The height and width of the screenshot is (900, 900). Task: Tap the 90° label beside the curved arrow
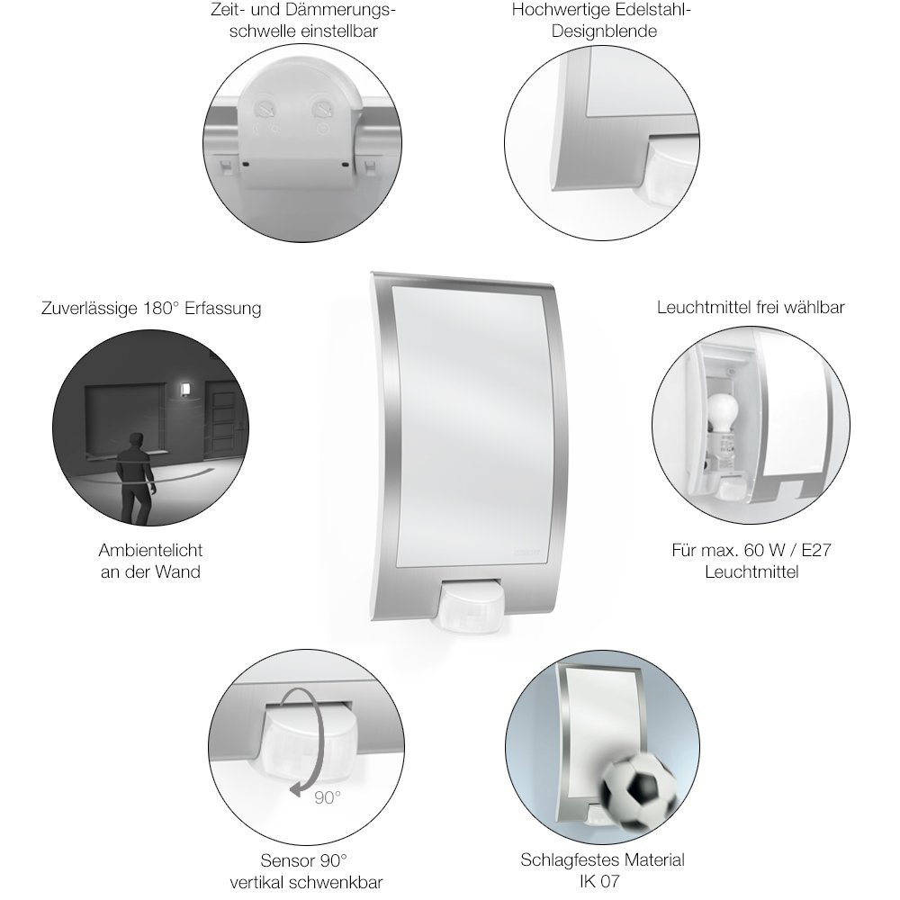328,797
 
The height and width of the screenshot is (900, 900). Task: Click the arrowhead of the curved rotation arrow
295,789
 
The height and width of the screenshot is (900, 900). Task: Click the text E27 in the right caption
815,551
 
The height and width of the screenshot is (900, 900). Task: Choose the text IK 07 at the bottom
599,882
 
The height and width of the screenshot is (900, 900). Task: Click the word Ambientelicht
150,551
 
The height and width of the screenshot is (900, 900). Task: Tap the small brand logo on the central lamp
526,553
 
